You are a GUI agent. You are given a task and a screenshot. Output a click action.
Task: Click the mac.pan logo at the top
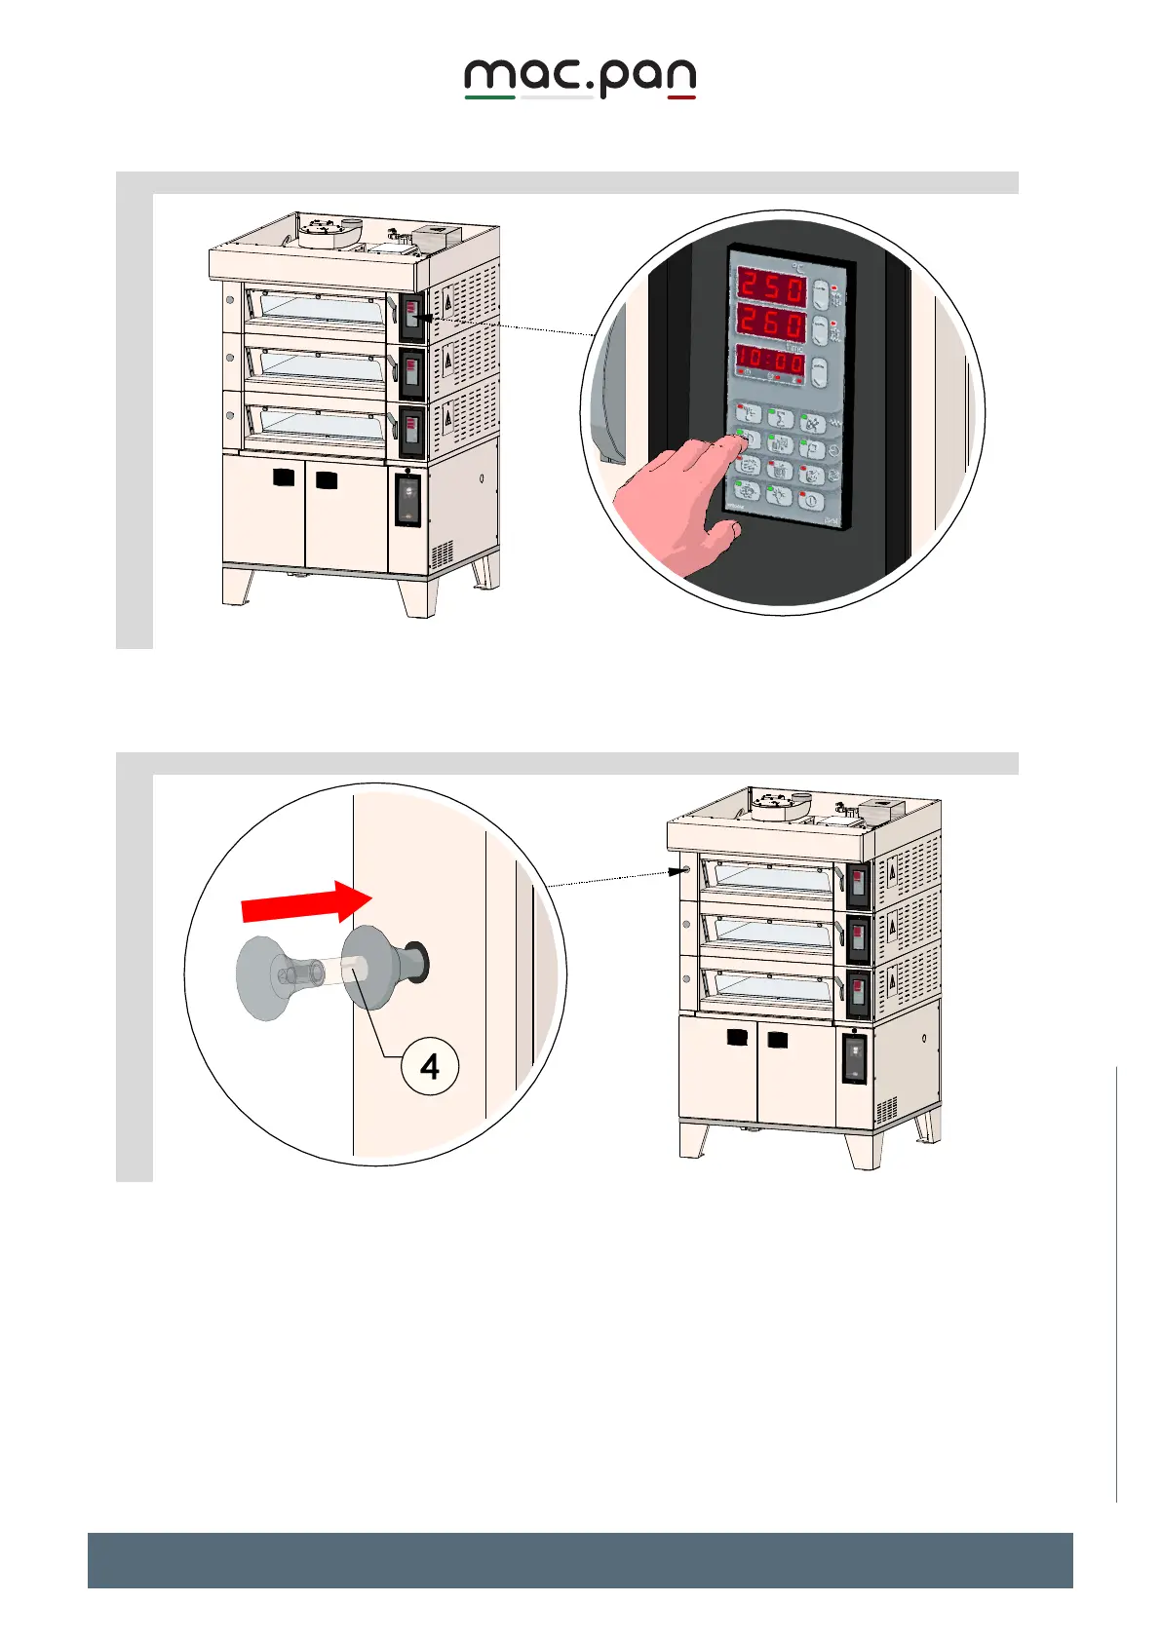580,78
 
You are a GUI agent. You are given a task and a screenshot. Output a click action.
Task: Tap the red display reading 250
770,287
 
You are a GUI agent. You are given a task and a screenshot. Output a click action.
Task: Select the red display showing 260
770,324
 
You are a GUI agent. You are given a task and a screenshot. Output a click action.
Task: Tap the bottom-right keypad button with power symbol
810,501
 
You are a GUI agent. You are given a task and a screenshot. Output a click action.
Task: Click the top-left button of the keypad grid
748,413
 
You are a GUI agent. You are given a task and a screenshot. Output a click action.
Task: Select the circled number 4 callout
430,1067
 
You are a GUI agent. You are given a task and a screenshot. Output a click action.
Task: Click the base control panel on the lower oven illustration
854,1057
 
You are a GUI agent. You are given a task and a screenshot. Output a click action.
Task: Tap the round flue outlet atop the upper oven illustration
319,231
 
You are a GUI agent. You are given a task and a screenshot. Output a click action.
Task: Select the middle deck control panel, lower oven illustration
857,936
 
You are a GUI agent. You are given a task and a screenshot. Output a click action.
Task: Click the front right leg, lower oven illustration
862,1150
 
